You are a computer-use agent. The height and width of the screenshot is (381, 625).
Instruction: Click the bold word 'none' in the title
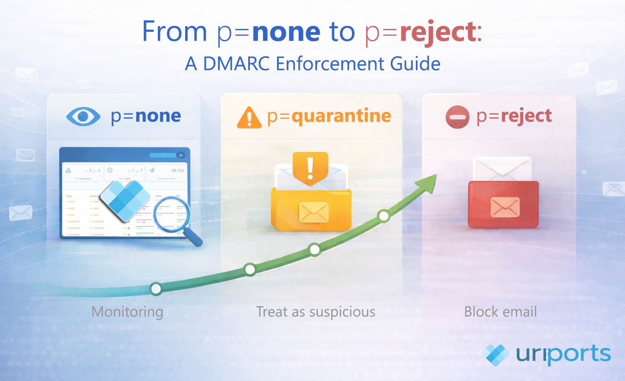coord(286,32)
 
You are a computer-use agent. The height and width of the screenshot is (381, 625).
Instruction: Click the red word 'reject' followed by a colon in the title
coord(437,32)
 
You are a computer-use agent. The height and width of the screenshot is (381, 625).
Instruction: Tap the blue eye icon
coord(83,116)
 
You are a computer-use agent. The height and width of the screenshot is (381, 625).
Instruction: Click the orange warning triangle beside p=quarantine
coord(249,118)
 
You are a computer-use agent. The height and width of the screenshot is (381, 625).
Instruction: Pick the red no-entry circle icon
coord(457,117)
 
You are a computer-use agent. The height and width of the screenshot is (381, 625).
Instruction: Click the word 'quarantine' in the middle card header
coord(341,116)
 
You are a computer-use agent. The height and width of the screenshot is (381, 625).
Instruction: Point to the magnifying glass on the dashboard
coord(173,216)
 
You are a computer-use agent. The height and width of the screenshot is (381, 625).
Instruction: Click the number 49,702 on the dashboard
coord(177,171)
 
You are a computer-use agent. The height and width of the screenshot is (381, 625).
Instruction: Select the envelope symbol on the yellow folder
coord(313,212)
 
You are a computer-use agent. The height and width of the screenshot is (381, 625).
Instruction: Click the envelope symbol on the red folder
coord(505,207)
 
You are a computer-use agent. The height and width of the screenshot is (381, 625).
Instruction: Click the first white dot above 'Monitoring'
coord(156,289)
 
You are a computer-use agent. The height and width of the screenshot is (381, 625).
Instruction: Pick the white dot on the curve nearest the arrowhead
coord(383,216)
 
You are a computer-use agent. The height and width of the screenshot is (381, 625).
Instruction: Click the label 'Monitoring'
coord(127,312)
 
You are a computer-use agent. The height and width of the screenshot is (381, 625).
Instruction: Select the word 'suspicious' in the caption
coord(342,312)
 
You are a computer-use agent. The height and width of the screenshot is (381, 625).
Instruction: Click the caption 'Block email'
coord(500,312)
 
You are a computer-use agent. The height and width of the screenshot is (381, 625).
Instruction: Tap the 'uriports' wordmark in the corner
coord(563,354)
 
